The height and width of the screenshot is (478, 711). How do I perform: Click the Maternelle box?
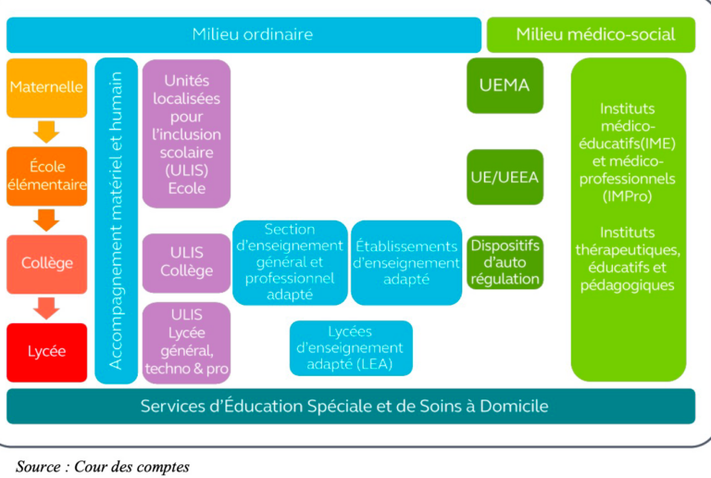pyautogui.click(x=46, y=88)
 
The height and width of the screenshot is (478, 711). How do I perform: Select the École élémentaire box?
pyautogui.click(x=46, y=175)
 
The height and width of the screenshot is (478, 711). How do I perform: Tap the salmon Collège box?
pyautogui.click(x=46, y=263)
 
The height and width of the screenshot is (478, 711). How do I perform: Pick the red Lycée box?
pyautogui.click(x=46, y=352)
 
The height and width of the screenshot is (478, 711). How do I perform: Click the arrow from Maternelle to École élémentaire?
pyautogui.click(x=46, y=132)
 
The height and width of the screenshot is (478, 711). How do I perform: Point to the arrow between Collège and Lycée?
pyautogui.click(x=46, y=308)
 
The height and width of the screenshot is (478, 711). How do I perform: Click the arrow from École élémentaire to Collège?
pyautogui.click(x=46, y=220)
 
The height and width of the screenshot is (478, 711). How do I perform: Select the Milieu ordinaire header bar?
pyautogui.click(x=243, y=35)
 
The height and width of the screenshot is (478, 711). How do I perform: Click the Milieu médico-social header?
pyautogui.click(x=594, y=35)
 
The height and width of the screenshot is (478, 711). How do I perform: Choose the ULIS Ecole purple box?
pyautogui.click(x=186, y=133)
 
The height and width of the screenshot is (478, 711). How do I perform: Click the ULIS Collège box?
pyautogui.click(x=186, y=262)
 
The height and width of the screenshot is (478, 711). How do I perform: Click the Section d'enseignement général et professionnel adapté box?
pyautogui.click(x=289, y=262)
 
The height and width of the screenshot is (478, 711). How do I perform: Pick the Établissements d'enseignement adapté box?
pyautogui.click(x=405, y=262)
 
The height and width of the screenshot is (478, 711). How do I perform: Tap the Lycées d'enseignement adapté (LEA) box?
pyautogui.click(x=350, y=348)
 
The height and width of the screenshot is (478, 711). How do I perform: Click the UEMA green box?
pyautogui.click(x=505, y=85)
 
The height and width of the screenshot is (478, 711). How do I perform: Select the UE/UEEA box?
pyautogui.click(x=505, y=176)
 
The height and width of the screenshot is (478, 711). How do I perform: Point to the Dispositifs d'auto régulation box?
pyautogui.click(x=505, y=262)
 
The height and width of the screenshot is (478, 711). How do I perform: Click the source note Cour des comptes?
pyautogui.click(x=102, y=466)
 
